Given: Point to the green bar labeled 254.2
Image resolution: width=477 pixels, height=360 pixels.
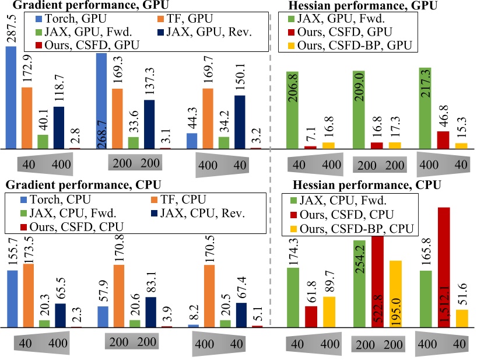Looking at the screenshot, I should [x=360, y=284].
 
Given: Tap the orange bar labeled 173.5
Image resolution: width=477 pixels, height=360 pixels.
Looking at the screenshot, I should [x=27, y=295].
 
